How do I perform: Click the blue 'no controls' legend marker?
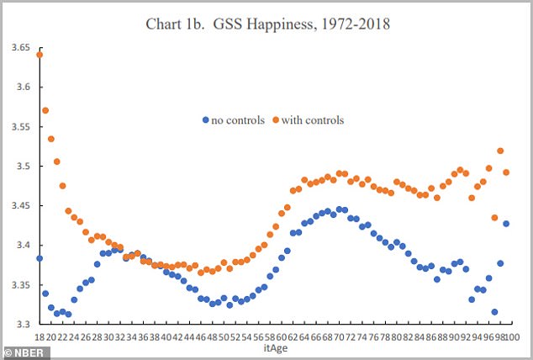click(x=206, y=120)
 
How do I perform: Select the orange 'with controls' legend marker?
click(x=277, y=120)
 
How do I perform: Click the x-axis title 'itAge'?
click(x=272, y=348)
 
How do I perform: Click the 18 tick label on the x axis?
click(x=40, y=337)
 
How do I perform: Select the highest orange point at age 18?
click(x=40, y=55)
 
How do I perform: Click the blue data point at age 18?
click(x=40, y=258)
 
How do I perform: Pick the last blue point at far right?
click(x=506, y=224)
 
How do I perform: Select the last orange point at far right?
click(x=506, y=172)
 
